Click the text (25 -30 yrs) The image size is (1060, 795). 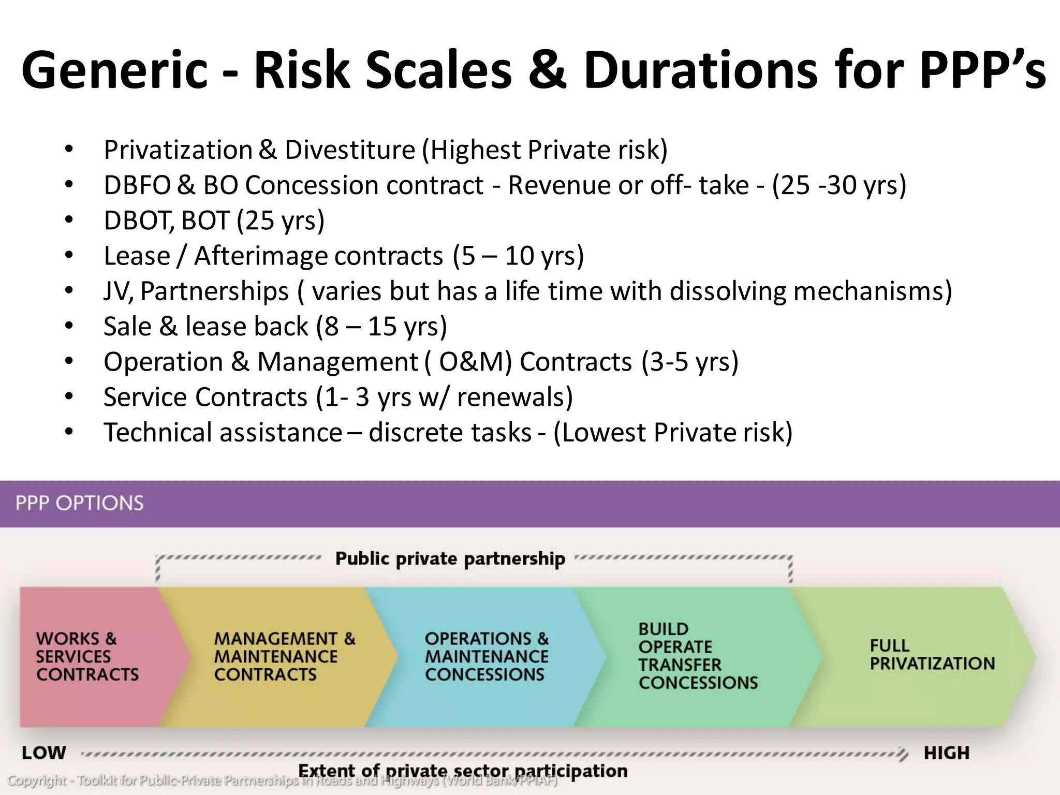tap(839, 185)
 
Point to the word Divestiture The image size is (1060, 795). tap(350, 150)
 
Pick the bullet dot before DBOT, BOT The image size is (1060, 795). tap(69, 220)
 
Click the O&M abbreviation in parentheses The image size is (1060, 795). tap(475, 362)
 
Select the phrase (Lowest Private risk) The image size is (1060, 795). tap(673, 433)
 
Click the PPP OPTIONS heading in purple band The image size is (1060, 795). tap(80, 503)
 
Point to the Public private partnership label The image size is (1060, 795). tap(450, 559)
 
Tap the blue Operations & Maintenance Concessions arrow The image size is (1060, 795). tap(487, 656)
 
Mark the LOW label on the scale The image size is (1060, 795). tap(44, 753)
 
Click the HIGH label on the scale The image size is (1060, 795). tap(947, 753)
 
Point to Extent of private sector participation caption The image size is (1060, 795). tap(463, 771)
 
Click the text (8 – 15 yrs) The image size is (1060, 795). tap(381, 327)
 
